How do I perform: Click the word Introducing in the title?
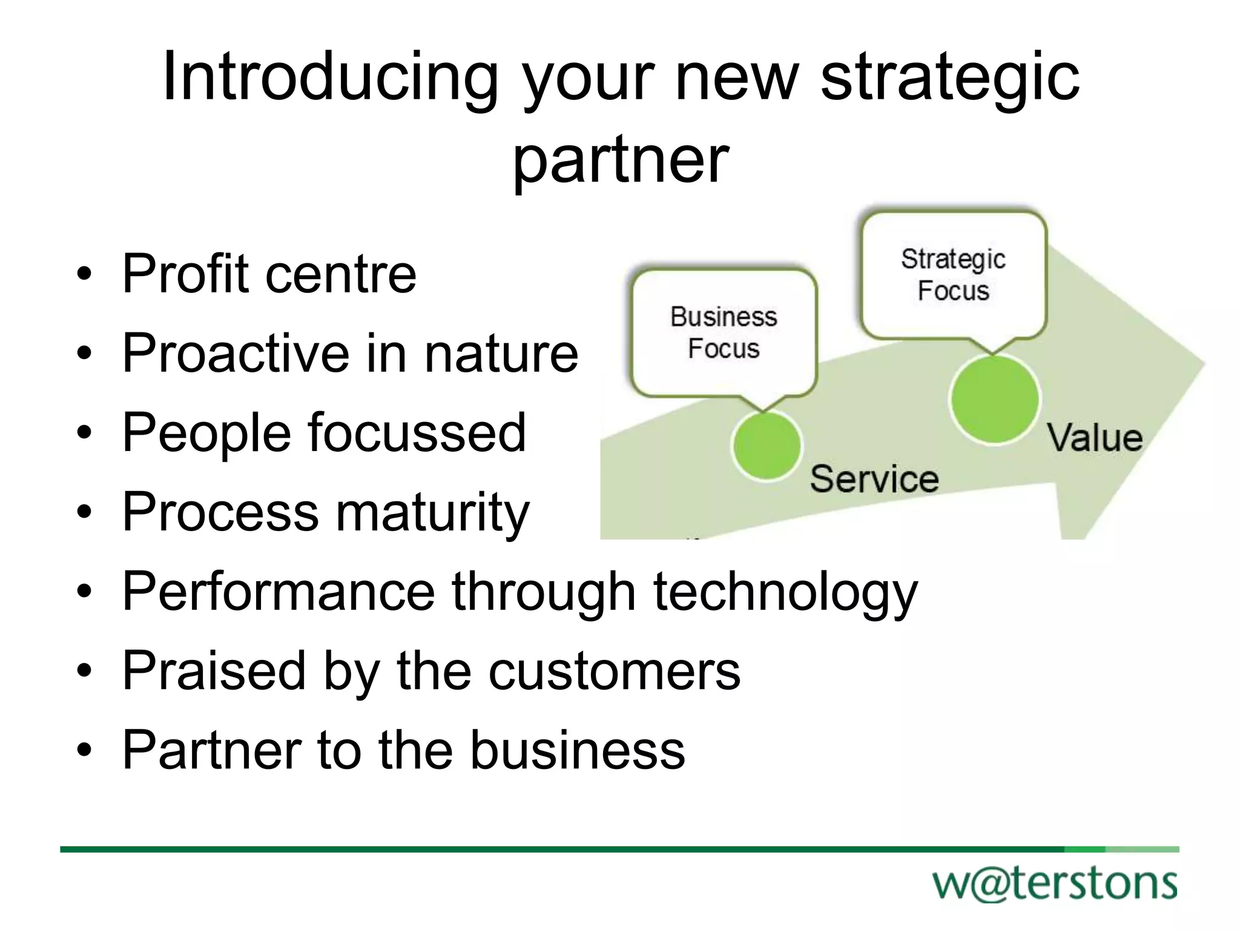pyautogui.click(x=330, y=77)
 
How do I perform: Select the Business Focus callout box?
pyautogui.click(x=724, y=333)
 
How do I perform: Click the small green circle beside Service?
pyautogui.click(x=767, y=446)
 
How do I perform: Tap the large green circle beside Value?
pyautogui.click(x=994, y=400)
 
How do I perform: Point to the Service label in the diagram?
pyautogui.click(x=874, y=479)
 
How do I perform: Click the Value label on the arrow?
pyautogui.click(x=1095, y=438)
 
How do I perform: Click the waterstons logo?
pyautogui.click(x=1055, y=884)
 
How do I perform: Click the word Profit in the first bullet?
pyautogui.click(x=185, y=274)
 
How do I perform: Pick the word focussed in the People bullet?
pyautogui.click(x=417, y=433)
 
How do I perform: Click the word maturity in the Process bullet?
pyautogui.click(x=432, y=513)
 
